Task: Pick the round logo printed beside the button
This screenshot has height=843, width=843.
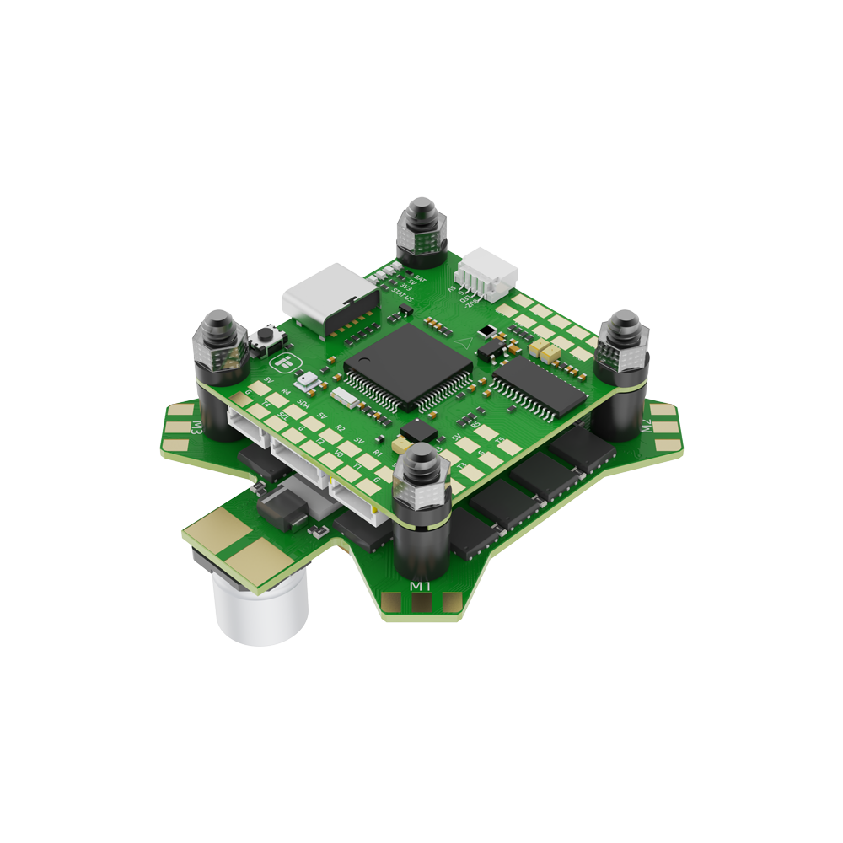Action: pyautogui.click(x=284, y=363)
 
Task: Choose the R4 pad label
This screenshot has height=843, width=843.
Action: pyautogui.click(x=286, y=391)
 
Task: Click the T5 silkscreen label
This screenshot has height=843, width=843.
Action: pyautogui.click(x=501, y=440)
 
